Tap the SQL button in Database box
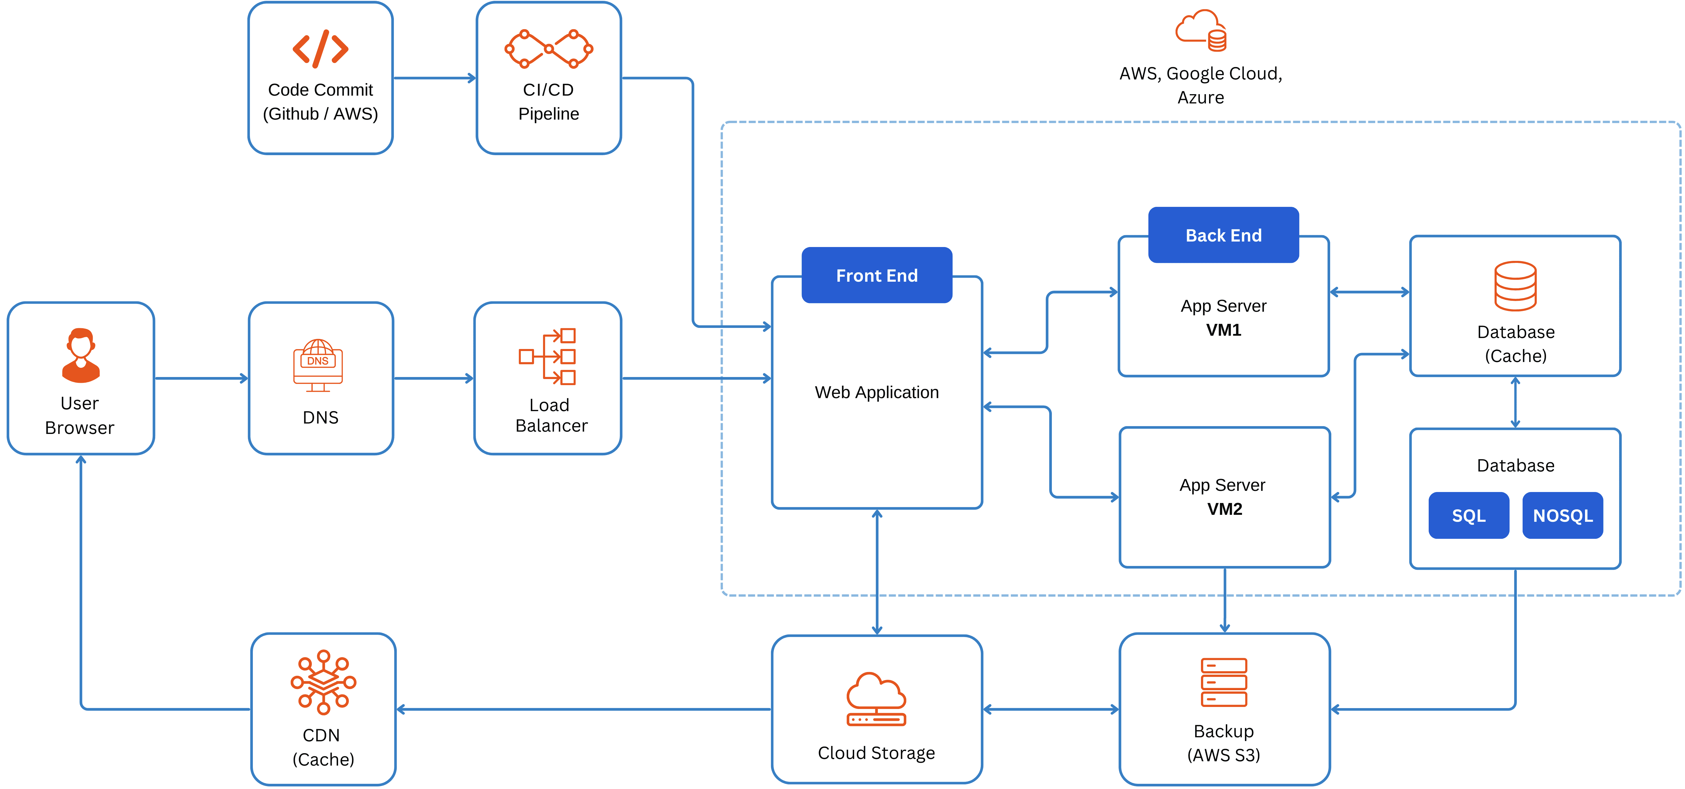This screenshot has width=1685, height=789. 1469,515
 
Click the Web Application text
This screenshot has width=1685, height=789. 876,393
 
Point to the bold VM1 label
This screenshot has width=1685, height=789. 1223,331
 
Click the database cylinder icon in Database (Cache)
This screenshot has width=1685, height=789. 1515,286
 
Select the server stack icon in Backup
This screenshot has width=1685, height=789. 1223,682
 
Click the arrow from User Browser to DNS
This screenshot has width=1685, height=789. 201,378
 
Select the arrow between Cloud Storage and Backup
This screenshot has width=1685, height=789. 1050,709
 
